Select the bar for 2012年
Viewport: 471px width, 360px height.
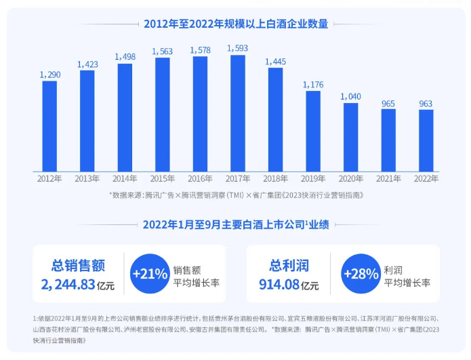pos(49,126)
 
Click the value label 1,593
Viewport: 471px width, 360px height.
pos(237,48)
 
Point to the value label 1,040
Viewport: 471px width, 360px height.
pos(350,96)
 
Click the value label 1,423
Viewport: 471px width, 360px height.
pos(87,64)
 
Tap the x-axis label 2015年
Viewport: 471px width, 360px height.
pos(163,179)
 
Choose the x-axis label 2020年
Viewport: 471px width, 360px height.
pos(350,179)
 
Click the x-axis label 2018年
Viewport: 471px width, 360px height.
pos(275,179)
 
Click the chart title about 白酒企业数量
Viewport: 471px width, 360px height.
pos(235,24)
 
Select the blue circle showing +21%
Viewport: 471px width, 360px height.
pos(150,274)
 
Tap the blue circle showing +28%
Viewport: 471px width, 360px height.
pos(361,274)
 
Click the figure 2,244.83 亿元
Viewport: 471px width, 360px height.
pos(78,285)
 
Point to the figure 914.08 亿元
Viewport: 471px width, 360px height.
pos(289,285)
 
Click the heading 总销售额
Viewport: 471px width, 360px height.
pos(77,265)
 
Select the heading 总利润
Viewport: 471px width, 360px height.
pos(288,265)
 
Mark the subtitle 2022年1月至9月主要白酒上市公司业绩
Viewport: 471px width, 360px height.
pos(235,224)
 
